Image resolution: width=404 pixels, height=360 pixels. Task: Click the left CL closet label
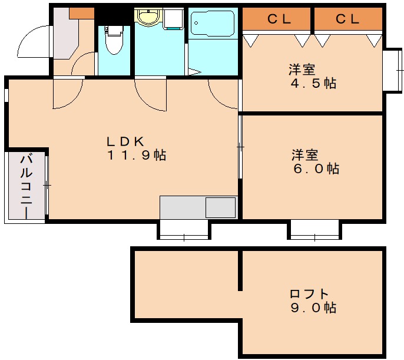click(277, 19)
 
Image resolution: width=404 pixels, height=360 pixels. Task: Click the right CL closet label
click(348, 19)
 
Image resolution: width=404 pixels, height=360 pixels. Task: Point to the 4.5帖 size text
click(313, 83)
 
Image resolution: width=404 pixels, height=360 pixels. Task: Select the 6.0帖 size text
click(316, 169)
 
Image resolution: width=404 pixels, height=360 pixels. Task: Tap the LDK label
click(125, 141)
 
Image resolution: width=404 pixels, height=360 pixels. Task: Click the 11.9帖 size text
click(136, 156)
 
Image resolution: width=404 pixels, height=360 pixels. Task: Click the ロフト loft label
click(309, 293)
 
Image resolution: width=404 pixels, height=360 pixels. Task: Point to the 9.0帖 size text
click(313, 308)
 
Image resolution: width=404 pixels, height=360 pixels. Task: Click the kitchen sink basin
click(220, 207)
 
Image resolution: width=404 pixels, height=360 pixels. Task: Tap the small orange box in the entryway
click(81, 12)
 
